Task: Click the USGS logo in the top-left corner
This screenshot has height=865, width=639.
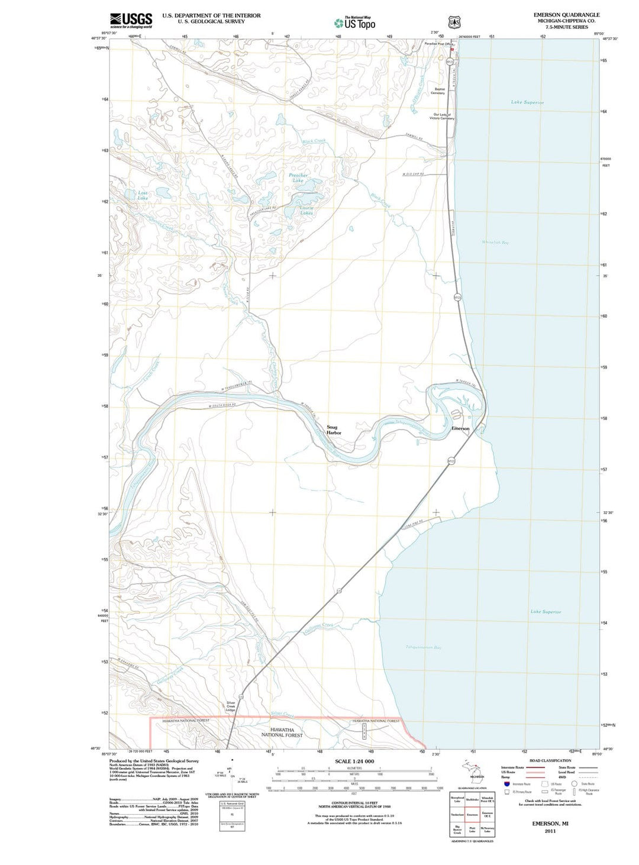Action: [131, 20]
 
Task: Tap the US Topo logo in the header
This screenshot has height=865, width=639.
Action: [354, 23]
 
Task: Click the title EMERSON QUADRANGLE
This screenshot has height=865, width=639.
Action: [566, 15]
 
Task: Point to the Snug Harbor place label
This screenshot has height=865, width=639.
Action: [334, 430]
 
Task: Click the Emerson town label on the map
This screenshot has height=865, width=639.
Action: [460, 428]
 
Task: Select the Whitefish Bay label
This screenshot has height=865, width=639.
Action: [495, 243]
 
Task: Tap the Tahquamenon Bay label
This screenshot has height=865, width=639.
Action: [423, 647]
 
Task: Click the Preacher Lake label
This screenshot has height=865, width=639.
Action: [298, 177]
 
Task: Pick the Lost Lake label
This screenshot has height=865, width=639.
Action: [143, 195]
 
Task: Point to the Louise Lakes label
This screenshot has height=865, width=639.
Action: [306, 210]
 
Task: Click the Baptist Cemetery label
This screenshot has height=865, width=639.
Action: [438, 91]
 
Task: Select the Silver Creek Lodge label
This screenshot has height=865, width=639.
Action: [231, 706]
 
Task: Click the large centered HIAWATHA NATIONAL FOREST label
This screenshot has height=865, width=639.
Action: [282, 732]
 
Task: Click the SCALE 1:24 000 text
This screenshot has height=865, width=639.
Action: [354, 761]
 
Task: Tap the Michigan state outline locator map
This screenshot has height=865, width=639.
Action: [473, 772]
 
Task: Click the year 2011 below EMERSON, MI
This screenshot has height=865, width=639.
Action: [550, 831]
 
